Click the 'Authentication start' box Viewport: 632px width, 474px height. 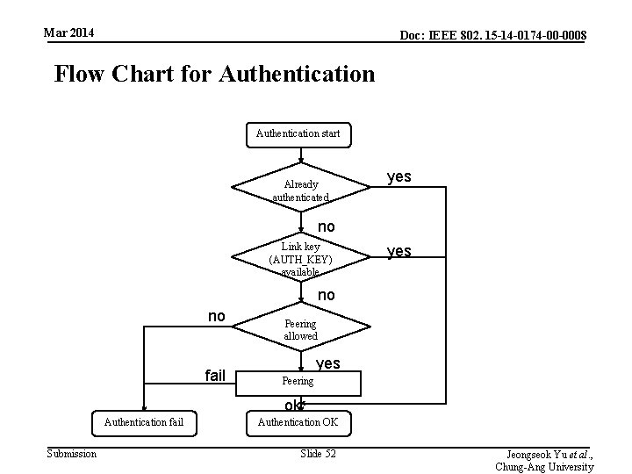(x=298, y=134)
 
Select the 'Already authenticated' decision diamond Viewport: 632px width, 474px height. (x=300, y=188)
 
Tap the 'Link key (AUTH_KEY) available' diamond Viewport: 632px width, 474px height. (x=300, y=258)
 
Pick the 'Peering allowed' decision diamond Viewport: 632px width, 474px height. (x=300, y=330)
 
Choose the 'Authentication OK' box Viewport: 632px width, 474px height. (x=298, y=422)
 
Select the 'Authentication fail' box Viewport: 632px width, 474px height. (x=144, y=422)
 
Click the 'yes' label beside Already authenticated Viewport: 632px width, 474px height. (x=399, y=176)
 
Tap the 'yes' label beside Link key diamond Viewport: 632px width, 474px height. (x=399, y=251)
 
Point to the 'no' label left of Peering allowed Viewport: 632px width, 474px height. (x=216, y=315)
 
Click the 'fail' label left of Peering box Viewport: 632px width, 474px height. (x=215, y=376)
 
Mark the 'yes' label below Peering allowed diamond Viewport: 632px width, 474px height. (x=327, y=363)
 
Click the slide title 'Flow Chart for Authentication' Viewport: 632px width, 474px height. (x=214, y=74)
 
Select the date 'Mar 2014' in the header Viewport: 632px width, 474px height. (x=69, y=33)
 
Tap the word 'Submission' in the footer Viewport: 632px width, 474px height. (x=72, y=453)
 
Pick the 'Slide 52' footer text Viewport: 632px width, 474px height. (x=318, y=453)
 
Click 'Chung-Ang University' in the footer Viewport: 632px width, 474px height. (x=544, y=467)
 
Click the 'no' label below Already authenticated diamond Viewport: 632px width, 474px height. (x=326, y=226)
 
